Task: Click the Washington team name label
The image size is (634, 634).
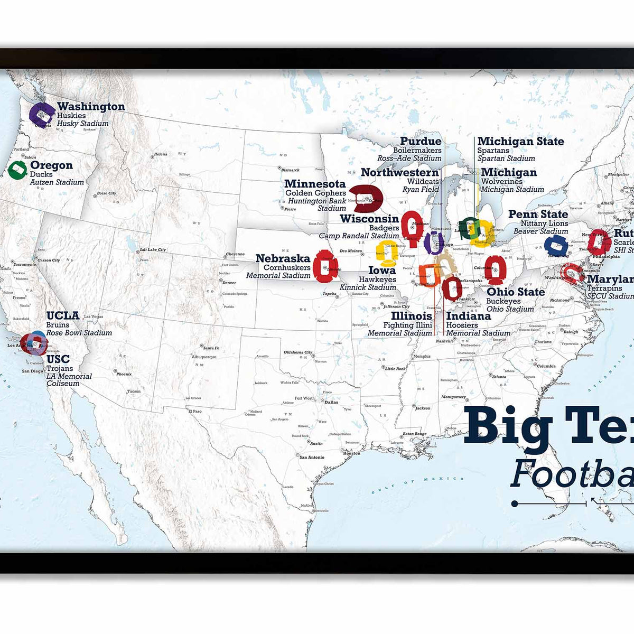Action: click(x=91, y=107)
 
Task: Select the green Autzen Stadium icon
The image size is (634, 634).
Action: click(x=17, y=170)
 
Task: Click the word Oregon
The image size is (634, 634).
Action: click(x=51, y=165)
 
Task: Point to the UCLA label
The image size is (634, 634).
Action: click(x=62, y=315)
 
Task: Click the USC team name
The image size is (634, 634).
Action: click(x=58, y=359)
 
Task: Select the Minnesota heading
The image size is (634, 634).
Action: click(x=315, y=184)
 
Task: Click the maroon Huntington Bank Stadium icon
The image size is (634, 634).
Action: click(x=368, y=199)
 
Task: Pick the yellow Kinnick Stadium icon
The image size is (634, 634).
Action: click(x=387, y=253)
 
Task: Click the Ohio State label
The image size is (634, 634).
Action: click(x=515, y=292)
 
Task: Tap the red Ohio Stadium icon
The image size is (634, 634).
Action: click(x=496, y=269)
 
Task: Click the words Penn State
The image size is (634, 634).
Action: click(x=538, y=214)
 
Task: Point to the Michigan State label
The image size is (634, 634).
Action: click(x=520, y=141)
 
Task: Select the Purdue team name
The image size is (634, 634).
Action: click(x=421, y=141)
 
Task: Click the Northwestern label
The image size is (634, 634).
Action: click(x=399, y=172)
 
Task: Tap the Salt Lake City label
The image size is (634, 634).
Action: click(x=153, y=249)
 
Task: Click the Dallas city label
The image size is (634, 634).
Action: click(x=331, y=402)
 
